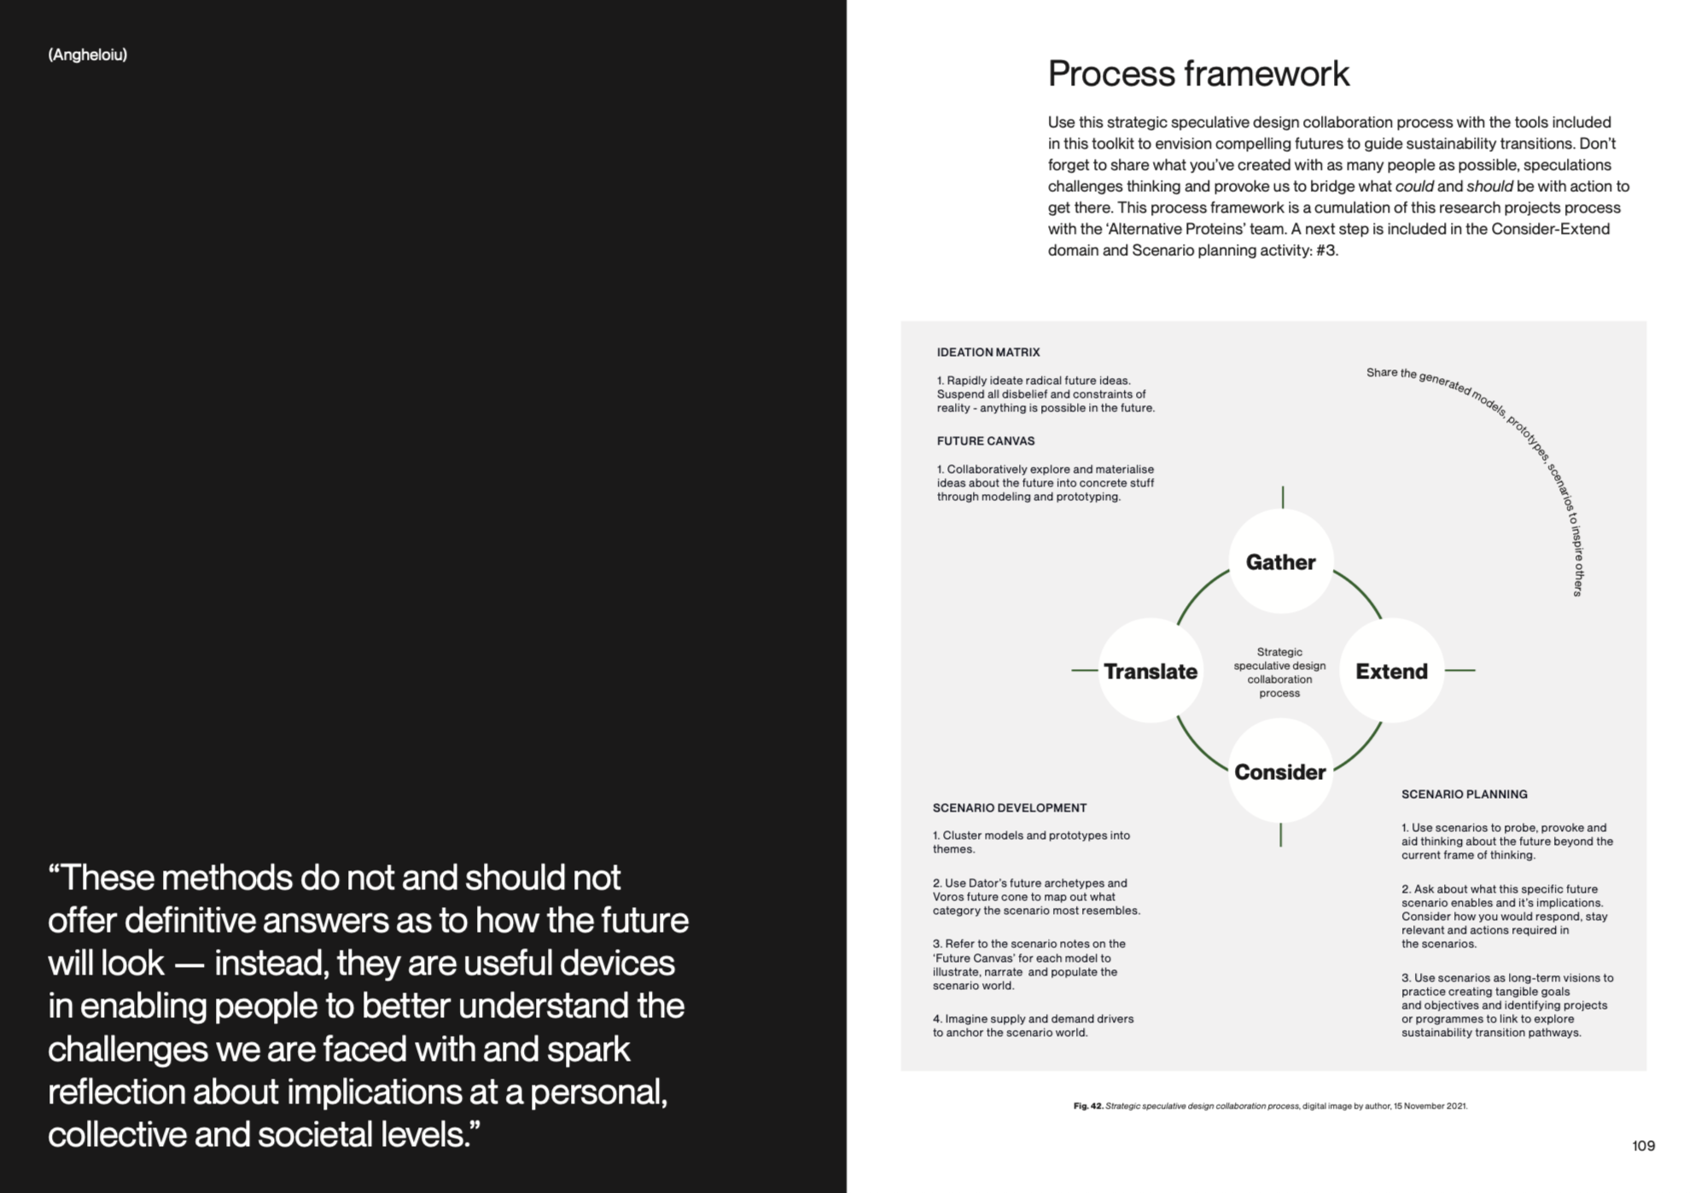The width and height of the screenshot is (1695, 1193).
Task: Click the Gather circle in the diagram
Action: [1280, 562]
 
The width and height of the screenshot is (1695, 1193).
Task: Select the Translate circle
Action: [1150, 671]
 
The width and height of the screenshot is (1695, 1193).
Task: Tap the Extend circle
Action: [1391, 671]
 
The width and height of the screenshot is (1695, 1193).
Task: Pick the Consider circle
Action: [1280, 771]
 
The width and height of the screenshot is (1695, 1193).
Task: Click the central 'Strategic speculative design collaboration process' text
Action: [1279, 672]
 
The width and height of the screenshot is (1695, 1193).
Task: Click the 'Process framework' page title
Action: [1198, 74]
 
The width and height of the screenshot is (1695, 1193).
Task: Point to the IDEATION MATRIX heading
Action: [988, 352]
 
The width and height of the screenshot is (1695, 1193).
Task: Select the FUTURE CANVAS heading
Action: [986, 441]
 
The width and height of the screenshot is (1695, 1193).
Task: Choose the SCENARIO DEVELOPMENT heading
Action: [1010, 808]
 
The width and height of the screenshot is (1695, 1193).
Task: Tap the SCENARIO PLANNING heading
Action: [1465, 794]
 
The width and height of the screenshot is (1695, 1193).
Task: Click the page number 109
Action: [1643, 1146]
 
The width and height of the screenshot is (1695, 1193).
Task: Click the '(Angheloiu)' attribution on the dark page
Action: [88, 55]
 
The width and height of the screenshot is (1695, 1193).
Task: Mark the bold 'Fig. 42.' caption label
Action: [1088, 1106]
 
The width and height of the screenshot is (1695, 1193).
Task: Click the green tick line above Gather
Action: [1282, 497]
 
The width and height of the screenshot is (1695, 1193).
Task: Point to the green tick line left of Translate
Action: [1084, 671]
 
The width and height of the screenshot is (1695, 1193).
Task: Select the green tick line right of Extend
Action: [1460, 671]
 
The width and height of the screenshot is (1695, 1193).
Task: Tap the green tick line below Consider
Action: [1280, 835]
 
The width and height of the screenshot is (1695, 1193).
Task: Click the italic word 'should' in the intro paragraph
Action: [1489, 187]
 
